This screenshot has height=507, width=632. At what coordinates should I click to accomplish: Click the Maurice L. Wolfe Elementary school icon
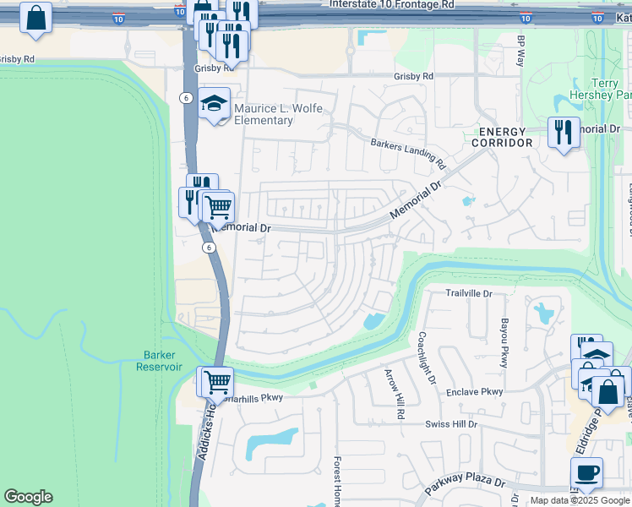[214, 104]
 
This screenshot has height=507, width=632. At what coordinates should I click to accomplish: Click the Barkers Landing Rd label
[407, 151]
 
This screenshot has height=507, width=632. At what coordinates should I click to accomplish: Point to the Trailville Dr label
[469, 293]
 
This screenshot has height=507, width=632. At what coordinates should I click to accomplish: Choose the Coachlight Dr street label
[426, 357]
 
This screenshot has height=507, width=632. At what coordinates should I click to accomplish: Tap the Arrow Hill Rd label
[395, 395]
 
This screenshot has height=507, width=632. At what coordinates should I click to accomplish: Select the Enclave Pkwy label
[475, 391]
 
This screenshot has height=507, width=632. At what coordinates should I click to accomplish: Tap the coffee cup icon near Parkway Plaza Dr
[586, 472]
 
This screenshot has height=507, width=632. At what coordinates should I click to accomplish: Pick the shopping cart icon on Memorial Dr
[218, 204]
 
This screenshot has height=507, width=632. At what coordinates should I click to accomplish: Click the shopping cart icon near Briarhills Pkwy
[215, 381]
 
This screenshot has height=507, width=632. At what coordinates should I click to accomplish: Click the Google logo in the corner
[28, 497]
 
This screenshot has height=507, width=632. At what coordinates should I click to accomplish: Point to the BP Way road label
[520, 52]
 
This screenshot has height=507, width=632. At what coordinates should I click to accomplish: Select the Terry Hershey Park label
[603, 89]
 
